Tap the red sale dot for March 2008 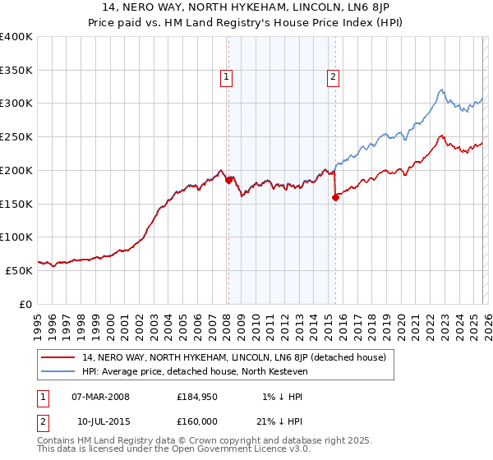pyautogui.click(x=228, y=179)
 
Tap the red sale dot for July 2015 pyautogui.click(x=335, y=196)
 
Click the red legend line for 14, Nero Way pyautogui.click(x=59, y=357)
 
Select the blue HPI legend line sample pyautogui.click(x=59, y=371)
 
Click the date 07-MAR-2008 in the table pyautogui.click(x=100, y=397)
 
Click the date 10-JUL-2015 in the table pyautogui.click(x=100, y=421)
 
